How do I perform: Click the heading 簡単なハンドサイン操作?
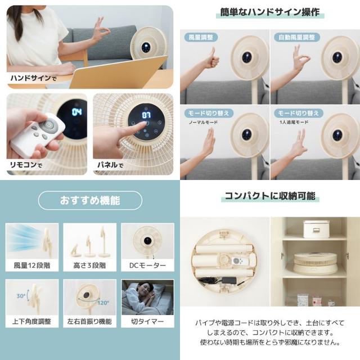(x=270, y=12)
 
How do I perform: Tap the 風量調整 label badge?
(x=201, y=37)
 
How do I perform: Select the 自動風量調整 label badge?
(x=296, y=37)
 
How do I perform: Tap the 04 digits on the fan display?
(x=76, y=112)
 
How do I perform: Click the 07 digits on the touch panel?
(x=146, y=115)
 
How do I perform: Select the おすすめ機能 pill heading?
(x=90, y=200)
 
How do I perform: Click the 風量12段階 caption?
(x=32, y=265)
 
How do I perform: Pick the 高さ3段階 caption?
(x=89, y=265)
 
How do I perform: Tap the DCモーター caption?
(x=147, y=265)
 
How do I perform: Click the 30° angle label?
(x=21, y=296)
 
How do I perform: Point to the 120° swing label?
(x=103, y=303)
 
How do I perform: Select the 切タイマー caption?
(x=147, y=321)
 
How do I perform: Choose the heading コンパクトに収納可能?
(x=270, y=196)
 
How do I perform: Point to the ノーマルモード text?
(x=203, y=123)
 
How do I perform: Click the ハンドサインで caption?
(x=34, y=78)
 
